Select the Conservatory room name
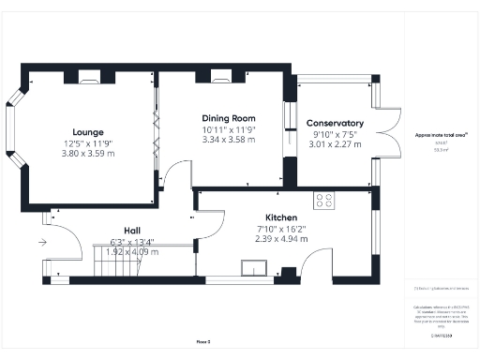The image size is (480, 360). (x=335, y=123)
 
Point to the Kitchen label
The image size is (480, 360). (x=281, y=217)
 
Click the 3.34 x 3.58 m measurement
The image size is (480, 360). (x=228, y=140)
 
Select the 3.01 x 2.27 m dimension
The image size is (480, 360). (x=335, y=144)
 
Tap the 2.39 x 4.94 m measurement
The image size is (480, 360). (x=280, y=238)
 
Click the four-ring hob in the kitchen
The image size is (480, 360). (x=324, y=199)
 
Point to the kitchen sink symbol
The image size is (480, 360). (x=251, y=269)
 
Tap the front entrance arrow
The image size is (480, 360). (x=42, y=242)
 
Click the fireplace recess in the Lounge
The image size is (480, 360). (x=89, y=77)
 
